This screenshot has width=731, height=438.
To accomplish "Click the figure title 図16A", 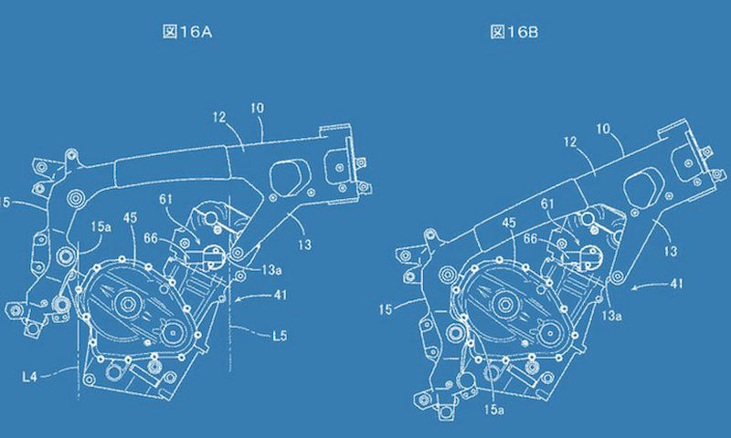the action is tap(187, 32).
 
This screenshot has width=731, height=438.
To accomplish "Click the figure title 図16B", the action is tap(514, 32).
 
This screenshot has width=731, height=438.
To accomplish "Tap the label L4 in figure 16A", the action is tap(29, 377).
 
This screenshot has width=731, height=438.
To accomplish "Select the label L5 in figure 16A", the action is tap(280, 336).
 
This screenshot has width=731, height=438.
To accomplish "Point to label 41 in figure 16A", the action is tap(281, 295).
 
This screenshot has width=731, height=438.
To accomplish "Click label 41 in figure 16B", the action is tap(676, 283).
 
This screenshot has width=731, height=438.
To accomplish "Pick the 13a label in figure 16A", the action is tap(270, 269).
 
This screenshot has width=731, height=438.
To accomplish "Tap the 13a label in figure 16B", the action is tap(611, 316).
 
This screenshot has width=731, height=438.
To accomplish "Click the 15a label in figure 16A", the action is tap(101, 226).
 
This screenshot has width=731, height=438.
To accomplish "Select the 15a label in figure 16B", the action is tap(493, 409).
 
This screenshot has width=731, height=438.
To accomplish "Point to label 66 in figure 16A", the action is tap(151, 239).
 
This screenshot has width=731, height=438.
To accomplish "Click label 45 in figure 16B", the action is tap(509, 223).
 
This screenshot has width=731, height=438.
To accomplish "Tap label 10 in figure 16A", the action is tap(257, 108).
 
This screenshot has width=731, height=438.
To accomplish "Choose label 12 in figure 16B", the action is tap(570, 141).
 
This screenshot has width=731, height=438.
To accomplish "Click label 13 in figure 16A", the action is tap(304, 245).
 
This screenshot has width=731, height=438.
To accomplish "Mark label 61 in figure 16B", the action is tap(547, 203).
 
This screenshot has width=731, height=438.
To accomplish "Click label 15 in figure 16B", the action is tap(385, 309).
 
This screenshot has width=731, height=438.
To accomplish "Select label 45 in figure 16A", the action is tap(130, 218).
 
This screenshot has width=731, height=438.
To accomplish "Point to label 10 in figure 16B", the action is tap(603, 129).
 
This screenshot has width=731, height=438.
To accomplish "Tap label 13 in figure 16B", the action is tap(670, 251).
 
